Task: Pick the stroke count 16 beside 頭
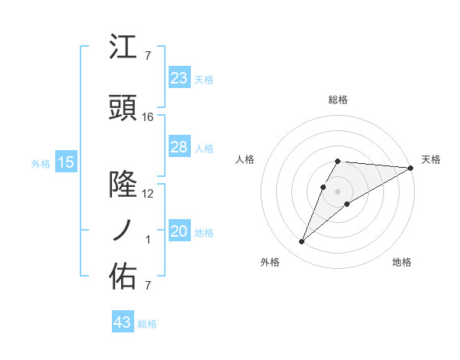pyautogui.click(x=148, y=117)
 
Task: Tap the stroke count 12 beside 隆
pyautogui.click(x=148, y=194)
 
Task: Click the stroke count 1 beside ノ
pyautogui.click(x=148, y=240)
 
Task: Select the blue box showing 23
pyautogui.click(x=179, y=77)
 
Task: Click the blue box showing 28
pyautogui.click(x=179, y=147)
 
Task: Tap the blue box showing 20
pyautogui.click(x=179, y=231)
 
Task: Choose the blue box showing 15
pyautogui.click(x=65, y=162)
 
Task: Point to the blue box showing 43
pyautogui.click(x=123, y=322)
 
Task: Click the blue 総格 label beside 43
pyautogui.click(x=147, y=324)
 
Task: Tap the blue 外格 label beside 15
pyautogui.click(x=41, y=163)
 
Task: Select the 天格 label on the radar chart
pyautogui.click(x=431, y=159)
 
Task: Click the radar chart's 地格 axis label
pyautogui.click(x=402, y=262)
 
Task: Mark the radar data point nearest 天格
pyautogui.click(x=411, y=168)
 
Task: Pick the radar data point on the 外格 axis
pyautogui.click(x=301, y=242)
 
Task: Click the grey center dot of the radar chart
pyautogui.click(x=338, y=191)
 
